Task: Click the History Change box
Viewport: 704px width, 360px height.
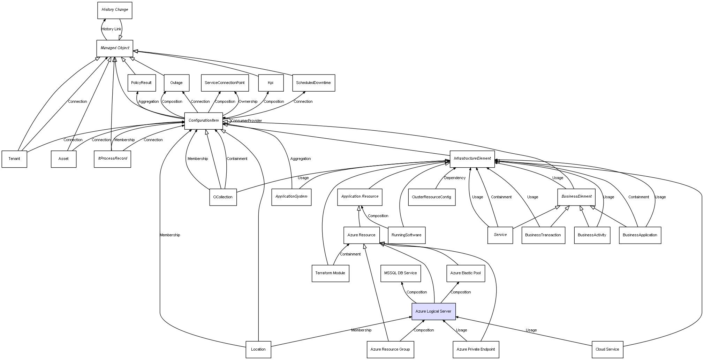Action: click(x=115, y=10)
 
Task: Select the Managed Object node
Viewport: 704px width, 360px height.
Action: click(x=115, y=48)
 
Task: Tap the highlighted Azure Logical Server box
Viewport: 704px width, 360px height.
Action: click(x=433, y=311)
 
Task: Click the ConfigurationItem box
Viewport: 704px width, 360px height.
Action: click(x=204, y=121)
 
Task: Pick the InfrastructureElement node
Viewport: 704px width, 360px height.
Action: click(x=472, y=159)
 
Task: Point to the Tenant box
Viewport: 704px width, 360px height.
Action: click(x=14, y=159)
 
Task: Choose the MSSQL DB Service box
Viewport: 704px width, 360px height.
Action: click(x=400, y=273)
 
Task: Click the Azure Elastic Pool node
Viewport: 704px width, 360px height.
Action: click(x=465, y=273)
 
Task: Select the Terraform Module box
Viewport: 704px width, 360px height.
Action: click(x=330, y=273)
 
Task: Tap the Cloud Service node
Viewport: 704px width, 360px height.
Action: click(x=607, y=349)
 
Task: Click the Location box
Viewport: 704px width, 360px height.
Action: click(x=258, y=349)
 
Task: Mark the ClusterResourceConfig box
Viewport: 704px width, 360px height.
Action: click(x=432, y=197)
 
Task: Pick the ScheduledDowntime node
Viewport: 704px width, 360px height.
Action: click(x=313, y=83)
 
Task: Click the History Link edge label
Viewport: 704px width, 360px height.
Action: click(x=112, y=29)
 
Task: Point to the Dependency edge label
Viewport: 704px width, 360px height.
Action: click(x=455, y=178)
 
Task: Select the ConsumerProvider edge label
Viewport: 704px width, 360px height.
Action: click(x=246, y=121)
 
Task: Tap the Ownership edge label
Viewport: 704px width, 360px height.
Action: click(x=248, y=102)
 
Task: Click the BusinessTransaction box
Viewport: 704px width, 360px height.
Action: click(x=543, y=235)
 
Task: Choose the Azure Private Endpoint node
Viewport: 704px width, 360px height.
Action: click(x=476, y=349)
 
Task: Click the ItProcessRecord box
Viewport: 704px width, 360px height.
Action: click(x=112, y=159)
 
